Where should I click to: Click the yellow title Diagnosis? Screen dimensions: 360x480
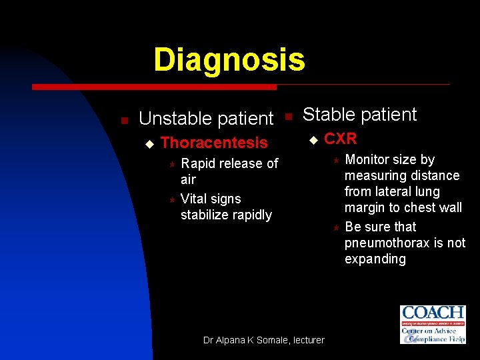[229, 59]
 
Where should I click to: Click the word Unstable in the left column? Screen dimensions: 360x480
[170, 119]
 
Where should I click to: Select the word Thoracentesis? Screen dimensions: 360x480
[214, 143]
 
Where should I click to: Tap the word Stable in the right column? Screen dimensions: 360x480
[329, 115]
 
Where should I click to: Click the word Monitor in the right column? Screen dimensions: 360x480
[370, 159]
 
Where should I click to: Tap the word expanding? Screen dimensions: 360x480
[375, 259]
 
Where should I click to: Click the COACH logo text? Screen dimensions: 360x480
[433, 313]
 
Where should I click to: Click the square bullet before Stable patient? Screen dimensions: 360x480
[288, 116]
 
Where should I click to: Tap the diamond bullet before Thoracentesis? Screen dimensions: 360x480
[149, 143]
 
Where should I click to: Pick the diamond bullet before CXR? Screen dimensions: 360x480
[312, 139]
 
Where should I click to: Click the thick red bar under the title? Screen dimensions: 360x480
[154, 87]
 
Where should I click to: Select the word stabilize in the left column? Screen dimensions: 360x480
[203, 215]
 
